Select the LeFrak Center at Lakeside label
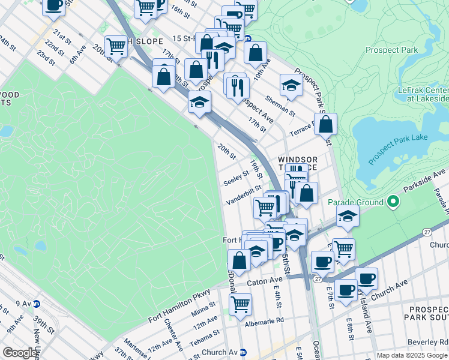(x=423, y=94)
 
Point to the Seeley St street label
(x=236, y=178)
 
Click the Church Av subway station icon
(x=243, y=352)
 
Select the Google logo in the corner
(x=20, y=352)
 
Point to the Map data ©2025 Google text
(x=412, y=355)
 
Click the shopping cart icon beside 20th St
(x=116, y=46)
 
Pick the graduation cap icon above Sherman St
(x=291, y=85)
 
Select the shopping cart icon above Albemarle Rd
(x=240, y=303)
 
